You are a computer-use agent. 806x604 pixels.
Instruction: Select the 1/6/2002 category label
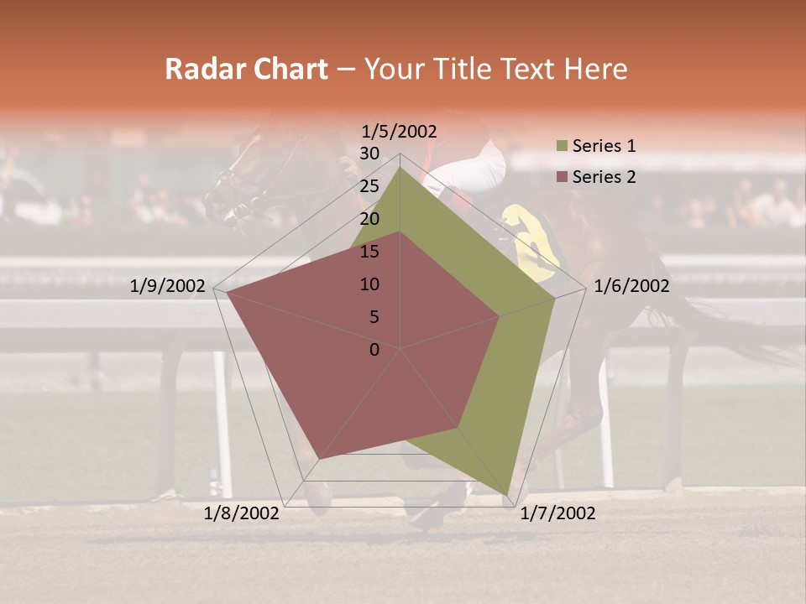click(x=631, y=286)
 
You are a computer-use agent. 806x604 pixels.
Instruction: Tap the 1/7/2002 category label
click(x=557, y=513)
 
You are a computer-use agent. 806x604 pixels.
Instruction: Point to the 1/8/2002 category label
click(x=242, y=513)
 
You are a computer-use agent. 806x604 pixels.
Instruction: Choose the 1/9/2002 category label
click(x=168, y=286)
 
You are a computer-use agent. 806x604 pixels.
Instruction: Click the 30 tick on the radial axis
click(x=369, y=154)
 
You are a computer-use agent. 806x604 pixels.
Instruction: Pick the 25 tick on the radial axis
click(x=369, y=186)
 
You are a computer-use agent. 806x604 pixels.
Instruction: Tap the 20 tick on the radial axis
click(x=369, y=219)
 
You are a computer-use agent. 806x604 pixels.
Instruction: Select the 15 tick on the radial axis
click(x=369, y=252)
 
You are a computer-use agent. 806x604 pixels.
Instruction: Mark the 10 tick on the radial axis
click(x=369, y=284)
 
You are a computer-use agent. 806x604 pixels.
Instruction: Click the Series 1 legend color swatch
click(x=562, y=146)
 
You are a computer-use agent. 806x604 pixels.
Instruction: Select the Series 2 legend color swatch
click(x=562, y=177)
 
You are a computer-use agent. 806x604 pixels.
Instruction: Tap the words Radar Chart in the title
click(x=246, y=69)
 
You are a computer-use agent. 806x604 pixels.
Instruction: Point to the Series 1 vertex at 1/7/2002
click(x=507, y=495)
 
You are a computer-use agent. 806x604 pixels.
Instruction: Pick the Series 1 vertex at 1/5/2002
click(x=400, y=167)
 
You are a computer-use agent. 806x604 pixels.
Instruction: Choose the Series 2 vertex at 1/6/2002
click(x=500, y=316)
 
